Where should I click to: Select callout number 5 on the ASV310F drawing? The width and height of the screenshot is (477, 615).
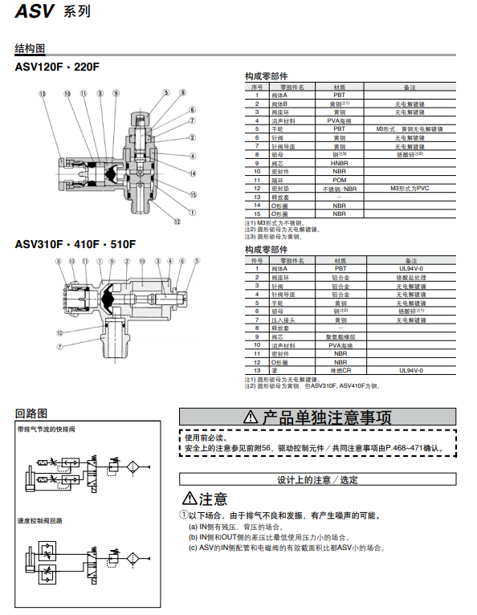195,261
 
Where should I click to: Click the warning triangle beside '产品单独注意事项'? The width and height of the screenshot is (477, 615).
250,417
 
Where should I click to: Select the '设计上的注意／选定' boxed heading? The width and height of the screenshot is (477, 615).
317,479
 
